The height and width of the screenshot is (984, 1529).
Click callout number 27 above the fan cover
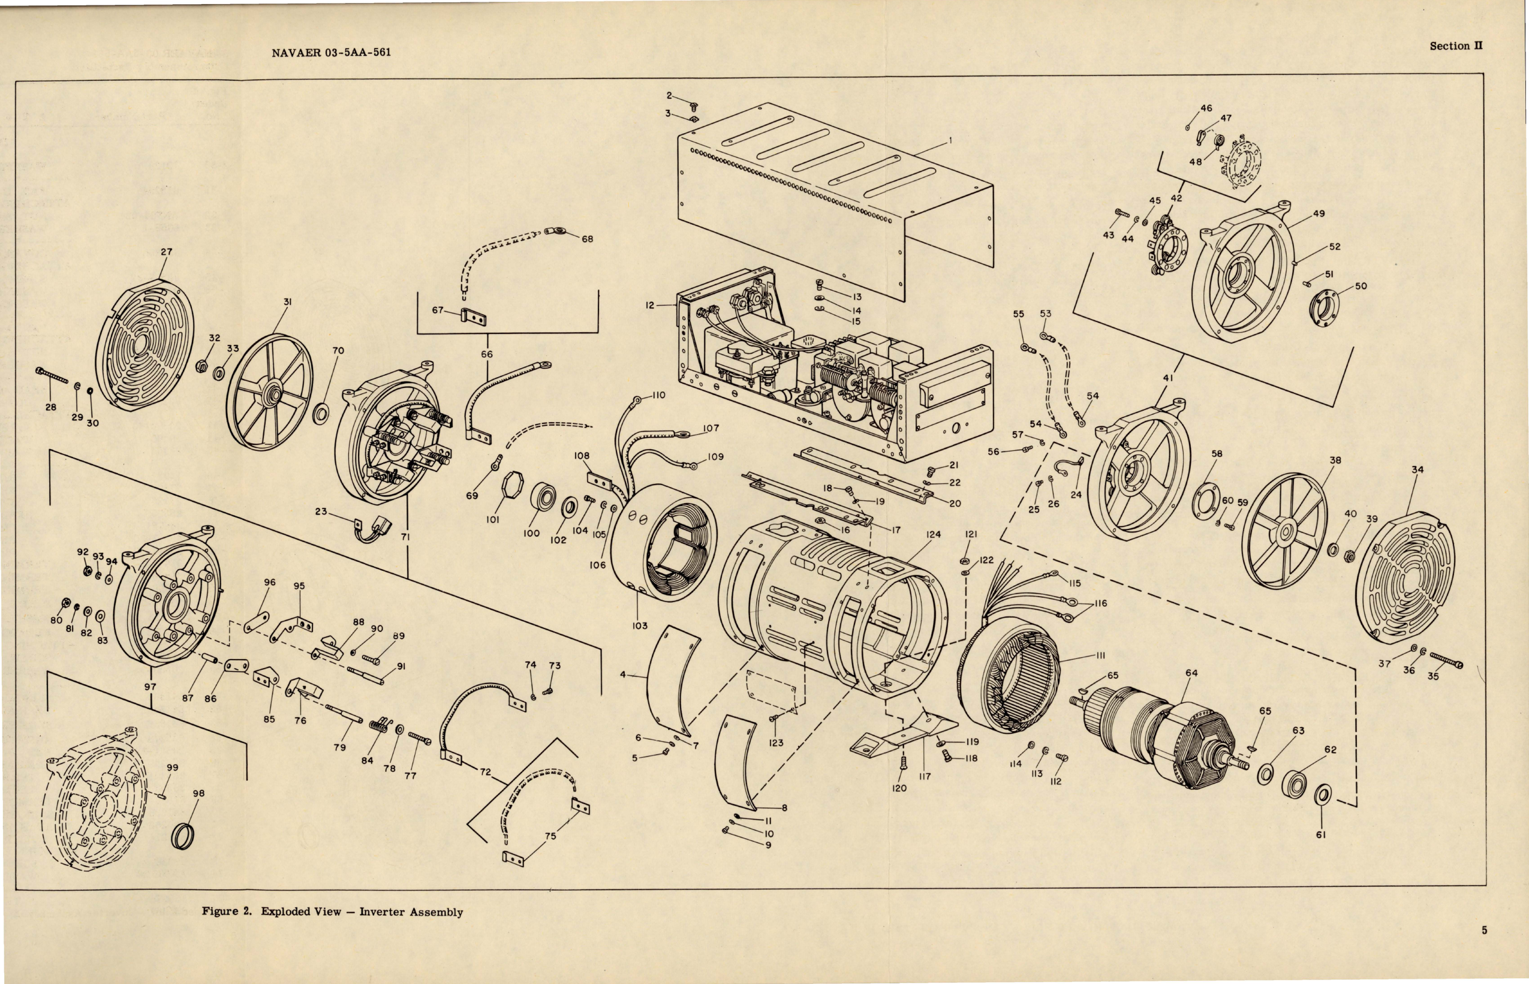click(x=166, y=252)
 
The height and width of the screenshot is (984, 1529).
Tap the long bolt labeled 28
click(x=52, y=376)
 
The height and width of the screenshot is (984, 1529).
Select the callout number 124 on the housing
click(x=933, y=534)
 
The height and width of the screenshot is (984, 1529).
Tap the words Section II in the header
click(x=1455, y=46)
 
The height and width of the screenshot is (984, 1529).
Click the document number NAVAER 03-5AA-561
click(x=331, y=52)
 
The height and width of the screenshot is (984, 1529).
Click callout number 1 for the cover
click(x=950, y=141)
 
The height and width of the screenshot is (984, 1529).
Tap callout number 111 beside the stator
click(x=1100, y=655)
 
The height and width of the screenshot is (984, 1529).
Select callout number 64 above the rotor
click(x=1191, y=673)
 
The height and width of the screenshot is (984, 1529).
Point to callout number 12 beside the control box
click(x=650, y=305)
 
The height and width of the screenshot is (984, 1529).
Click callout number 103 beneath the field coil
click(x=640, y=625)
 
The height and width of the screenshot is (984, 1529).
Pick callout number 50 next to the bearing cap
click(x=1361, y=285)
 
